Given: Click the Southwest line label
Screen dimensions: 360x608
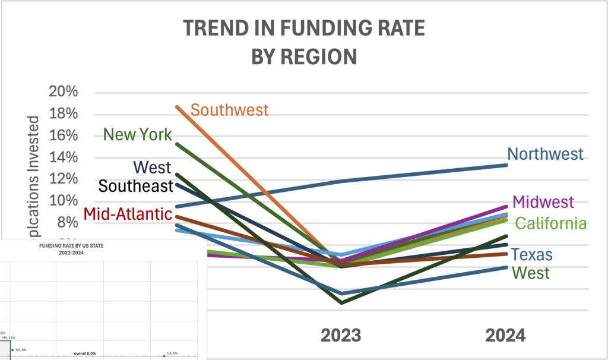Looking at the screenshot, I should click(x=230, y=110).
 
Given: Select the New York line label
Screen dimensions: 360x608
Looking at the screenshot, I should click(x=138, y=134).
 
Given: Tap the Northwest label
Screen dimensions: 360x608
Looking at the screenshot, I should click(x=546, y=154).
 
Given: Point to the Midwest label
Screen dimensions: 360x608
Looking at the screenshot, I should click(x=543, y=201).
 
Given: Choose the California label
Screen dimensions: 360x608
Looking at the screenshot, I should click(x=551, y=223).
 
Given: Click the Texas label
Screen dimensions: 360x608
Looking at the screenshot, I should click(x=533, y=255).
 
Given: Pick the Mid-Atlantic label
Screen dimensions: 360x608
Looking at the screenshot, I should click(x=128, y=213).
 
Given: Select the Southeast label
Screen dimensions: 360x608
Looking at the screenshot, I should click(x=135, y=186).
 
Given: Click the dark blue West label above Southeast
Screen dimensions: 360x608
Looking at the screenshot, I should click(x=152, y=167).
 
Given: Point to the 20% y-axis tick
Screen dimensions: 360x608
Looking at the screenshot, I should click(x=63, y=92).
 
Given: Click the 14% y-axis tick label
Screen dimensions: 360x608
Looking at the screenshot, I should click(x=63, y=157).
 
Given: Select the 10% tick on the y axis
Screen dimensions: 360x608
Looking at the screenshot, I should click(x=63, y=201).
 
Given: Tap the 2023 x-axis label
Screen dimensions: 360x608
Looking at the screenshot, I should click(x=341, y=336).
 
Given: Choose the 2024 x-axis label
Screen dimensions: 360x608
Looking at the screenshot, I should click(x=505, y=336).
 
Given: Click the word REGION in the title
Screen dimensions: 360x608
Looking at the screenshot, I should click(x=321, y=56).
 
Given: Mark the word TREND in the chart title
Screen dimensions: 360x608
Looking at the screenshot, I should click(x=215, y=29).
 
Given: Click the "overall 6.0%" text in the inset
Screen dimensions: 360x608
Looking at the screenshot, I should click(x=87, y=353).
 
